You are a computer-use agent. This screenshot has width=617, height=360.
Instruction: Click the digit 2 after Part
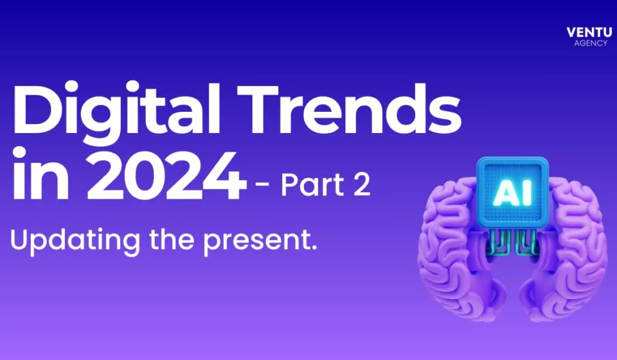(x=361, y=185)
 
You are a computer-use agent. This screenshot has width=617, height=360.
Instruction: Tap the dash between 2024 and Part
(x=262, y=186)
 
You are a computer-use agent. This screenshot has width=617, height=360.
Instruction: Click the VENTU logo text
(x=589, y=32)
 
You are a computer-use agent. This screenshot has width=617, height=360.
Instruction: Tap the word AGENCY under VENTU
(x=589, y=43)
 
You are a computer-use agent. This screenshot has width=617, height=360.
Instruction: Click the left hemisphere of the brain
(x=456, y=244)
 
